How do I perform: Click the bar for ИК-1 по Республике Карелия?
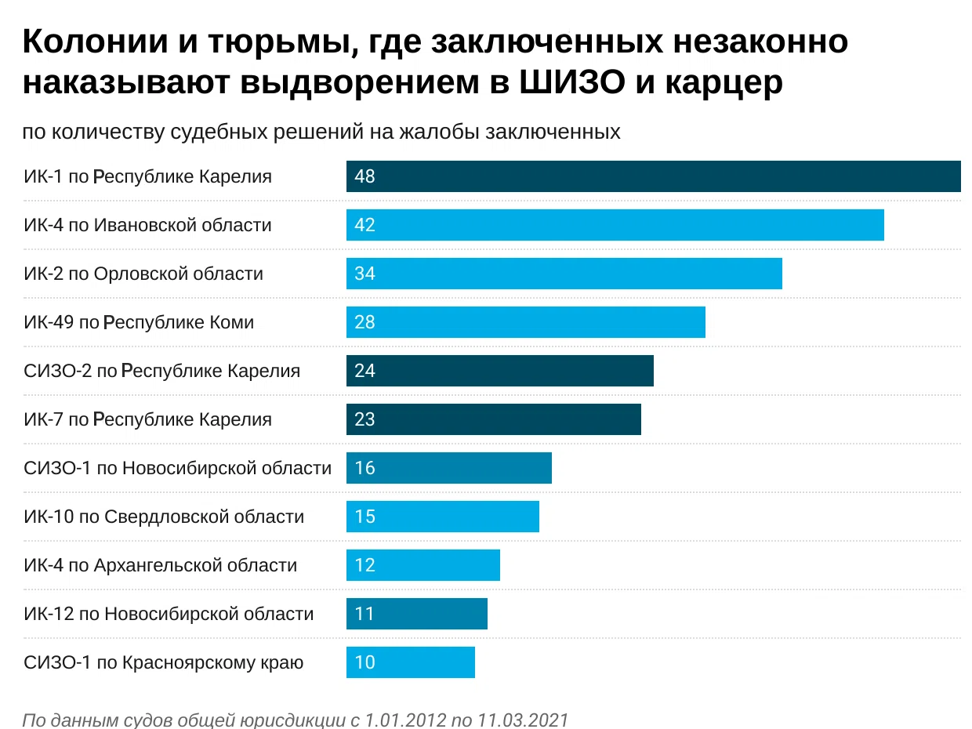tap(653, 176)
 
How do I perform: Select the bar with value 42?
tap(615, 225)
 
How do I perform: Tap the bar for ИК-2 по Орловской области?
tap(564, 274)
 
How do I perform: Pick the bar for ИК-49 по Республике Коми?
tap(526, 322)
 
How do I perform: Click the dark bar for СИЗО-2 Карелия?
tap(500, 371)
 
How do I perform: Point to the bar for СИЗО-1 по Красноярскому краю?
tap(411, 662)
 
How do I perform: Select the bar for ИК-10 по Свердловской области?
tap(443, 517)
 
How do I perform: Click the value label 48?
tap(364, 176)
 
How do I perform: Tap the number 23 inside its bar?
tap(364, 419)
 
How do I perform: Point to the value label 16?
tap(364, 468)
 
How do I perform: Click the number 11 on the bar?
tap(364, 614)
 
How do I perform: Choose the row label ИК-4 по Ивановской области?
tap(147, 225)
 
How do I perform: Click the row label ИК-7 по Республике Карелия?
tap(147, 419)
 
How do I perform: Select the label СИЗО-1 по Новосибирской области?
tap(177, 468)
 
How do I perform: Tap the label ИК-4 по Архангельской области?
tap(161, 565)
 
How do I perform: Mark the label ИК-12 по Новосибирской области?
tap(169, 614)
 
